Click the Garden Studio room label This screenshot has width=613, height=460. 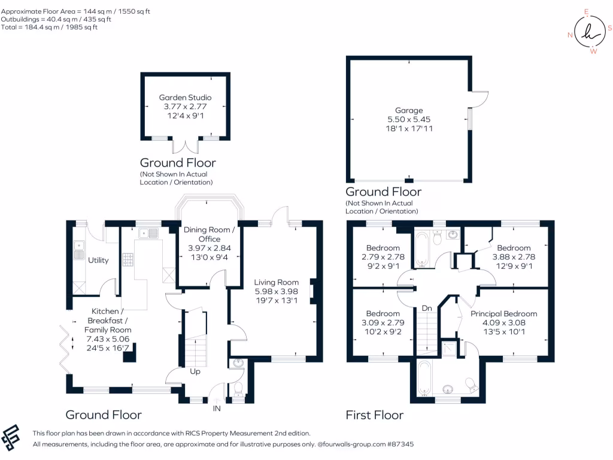(185, 98)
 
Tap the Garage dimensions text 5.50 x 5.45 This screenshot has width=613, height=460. (409, 119)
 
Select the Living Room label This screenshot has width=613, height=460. (276, 282)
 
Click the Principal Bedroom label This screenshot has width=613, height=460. (503, 313)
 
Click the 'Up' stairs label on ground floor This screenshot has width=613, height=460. (195, 371)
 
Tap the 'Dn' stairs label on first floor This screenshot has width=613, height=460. (427, 308)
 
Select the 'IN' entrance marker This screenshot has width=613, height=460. (217, 408)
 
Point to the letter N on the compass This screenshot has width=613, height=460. (570, 35)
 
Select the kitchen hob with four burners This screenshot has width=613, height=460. (128, 259)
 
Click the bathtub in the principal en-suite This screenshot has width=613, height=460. (424, 380)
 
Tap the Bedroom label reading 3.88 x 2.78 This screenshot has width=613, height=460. (513, 248)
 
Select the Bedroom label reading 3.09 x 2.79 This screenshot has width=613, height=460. (383, 313)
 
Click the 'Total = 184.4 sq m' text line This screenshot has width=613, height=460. (49, 27)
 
